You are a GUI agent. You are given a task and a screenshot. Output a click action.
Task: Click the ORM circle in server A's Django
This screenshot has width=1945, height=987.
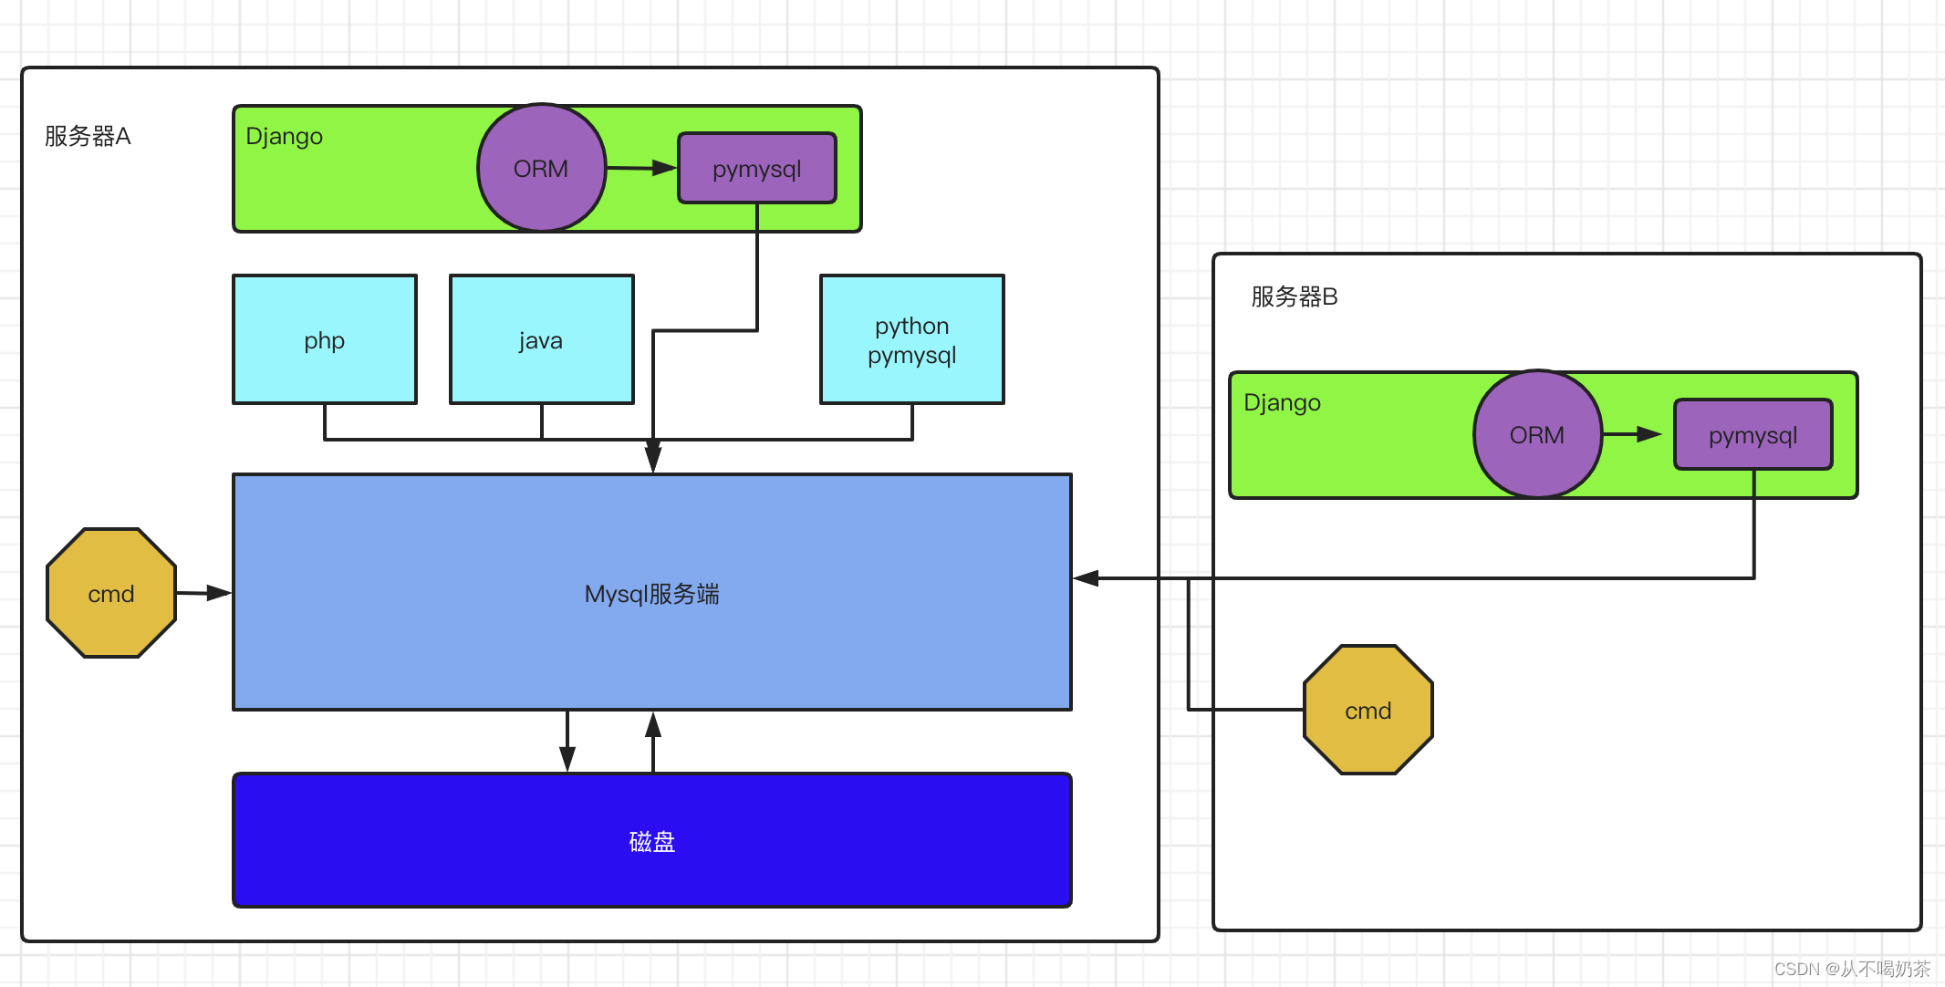(541, 168)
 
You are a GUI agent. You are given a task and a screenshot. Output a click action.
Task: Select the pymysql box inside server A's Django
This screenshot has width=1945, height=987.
(756, 169)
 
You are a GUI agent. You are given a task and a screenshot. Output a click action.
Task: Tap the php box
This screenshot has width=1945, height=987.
(325, 339)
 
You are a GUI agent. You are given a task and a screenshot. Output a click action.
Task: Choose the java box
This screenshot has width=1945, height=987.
(541, 339)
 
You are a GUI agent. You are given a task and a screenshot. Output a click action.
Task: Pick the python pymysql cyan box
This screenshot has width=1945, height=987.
(911, 339)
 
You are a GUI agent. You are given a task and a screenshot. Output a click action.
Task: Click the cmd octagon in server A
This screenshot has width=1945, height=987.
(111, 593)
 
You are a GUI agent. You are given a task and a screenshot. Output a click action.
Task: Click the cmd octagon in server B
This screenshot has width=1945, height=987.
(1368, 710)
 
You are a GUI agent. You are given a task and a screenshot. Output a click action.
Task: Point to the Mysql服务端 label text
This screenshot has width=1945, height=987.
(651, 594)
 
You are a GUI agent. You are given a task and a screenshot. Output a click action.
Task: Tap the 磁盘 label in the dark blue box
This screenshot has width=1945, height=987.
(651, 841)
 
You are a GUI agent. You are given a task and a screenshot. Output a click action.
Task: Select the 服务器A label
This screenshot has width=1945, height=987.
(88, 136)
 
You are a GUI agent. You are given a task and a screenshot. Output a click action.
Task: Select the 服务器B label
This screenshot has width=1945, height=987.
(1294, 296)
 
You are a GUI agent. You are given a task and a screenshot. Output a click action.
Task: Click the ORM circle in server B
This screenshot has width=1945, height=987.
(1537, 434)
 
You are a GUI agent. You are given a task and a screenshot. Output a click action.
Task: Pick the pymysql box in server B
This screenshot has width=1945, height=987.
(1753, 435)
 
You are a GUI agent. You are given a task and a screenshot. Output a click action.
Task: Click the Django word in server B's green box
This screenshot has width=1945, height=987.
(1282, 402)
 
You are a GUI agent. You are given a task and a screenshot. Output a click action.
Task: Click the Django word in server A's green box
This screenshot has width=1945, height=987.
(284, 136)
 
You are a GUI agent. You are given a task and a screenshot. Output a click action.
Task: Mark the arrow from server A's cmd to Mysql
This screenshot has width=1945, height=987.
(204, 593)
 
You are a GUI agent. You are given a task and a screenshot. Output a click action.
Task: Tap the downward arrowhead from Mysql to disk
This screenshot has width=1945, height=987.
(567, 757)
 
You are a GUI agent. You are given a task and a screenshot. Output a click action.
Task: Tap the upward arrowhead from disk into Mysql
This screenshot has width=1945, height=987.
(653, 726)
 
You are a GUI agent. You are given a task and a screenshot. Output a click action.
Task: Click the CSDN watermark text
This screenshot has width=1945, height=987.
(1851, 969)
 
